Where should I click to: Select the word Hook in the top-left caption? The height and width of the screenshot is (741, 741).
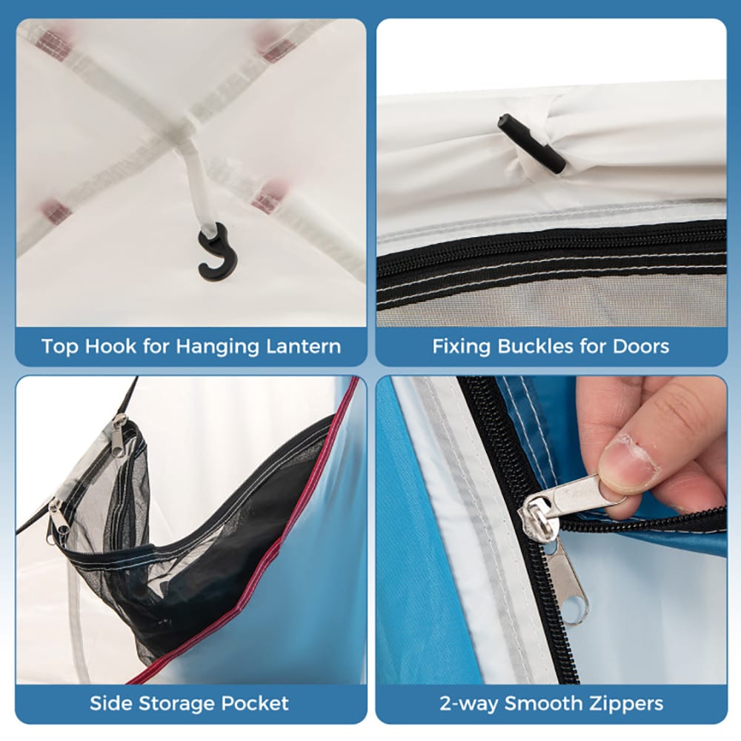[106, 346]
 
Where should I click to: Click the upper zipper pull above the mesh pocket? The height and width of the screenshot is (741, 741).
[119, 435]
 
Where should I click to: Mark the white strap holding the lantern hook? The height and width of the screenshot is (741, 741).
[198, 185]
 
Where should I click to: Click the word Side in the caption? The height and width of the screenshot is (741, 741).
[107, 704]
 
